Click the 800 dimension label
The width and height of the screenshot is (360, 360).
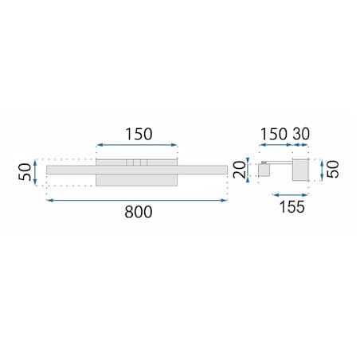(139, 212)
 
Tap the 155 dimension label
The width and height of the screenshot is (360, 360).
(292, 207)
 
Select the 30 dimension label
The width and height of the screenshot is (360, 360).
(301, 134)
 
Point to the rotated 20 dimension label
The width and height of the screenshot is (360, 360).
(240, 170)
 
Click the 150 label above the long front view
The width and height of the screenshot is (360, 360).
(139, 134)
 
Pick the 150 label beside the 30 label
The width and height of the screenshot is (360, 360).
(274, 134)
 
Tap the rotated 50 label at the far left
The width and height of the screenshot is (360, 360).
(25, 172)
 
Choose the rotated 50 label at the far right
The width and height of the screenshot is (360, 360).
(333, 170)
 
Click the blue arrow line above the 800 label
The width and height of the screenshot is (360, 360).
(137, 201)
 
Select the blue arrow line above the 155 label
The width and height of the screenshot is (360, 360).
(290, 195)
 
